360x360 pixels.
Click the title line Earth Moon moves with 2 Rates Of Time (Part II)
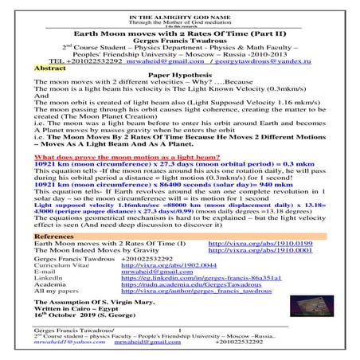pyautogui.click(x=180, y=37)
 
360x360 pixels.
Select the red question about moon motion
pyautogui.click(x=116, y=158)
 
